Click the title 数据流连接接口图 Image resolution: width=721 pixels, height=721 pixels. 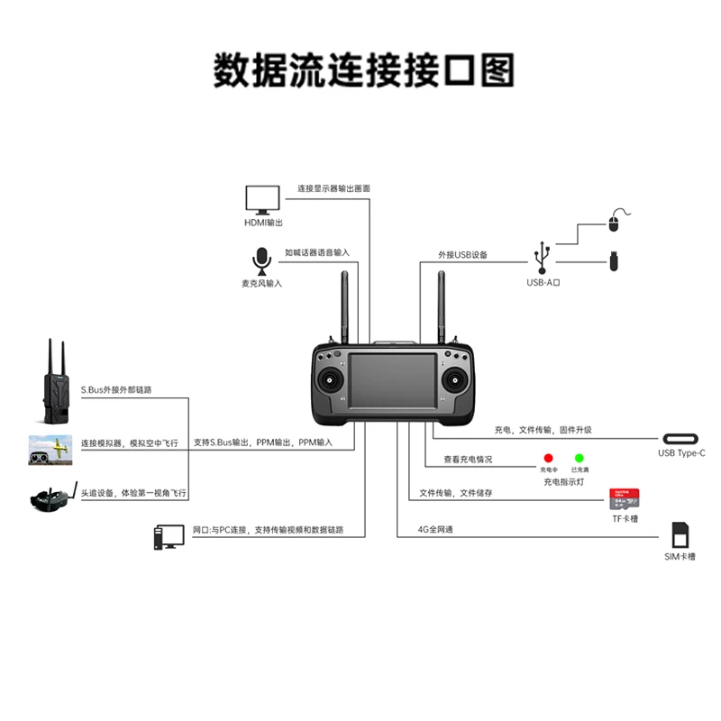coord(363,70)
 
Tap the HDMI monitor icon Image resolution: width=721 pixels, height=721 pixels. coord(262,199)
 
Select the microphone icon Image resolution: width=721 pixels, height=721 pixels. coord(261,260)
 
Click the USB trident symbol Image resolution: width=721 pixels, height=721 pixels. coord(543,257)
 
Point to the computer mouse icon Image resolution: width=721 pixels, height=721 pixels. coord(616,220)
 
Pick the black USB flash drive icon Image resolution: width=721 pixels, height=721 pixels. coord(613,262)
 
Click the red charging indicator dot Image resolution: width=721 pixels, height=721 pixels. coord(548,459)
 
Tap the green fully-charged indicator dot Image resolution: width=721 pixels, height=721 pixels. coord(580,459)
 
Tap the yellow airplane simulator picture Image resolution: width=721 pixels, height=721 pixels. coord(51,449)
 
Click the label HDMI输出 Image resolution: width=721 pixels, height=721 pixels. coord(263,223)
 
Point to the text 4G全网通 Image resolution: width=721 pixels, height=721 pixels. coord(435,530)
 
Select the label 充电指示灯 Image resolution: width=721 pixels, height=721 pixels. coord(563,483)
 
